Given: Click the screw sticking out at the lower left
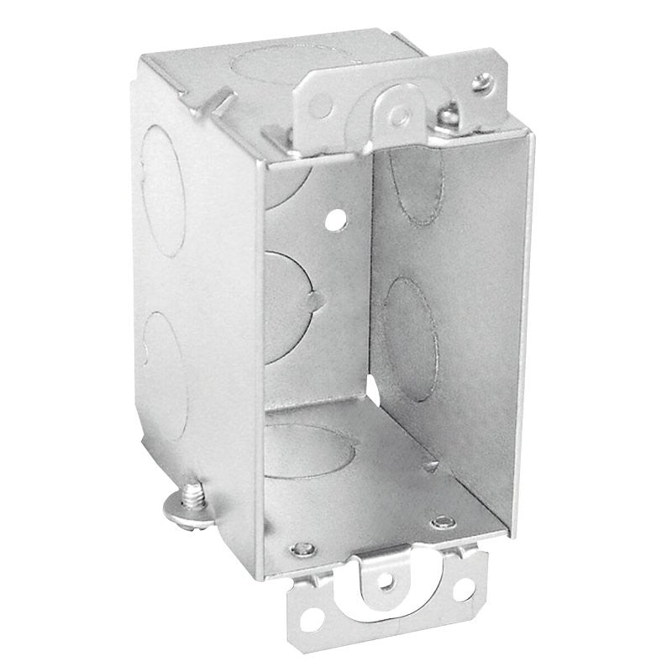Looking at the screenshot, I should point(191,496).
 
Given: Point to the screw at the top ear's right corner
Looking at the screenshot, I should point(480,81).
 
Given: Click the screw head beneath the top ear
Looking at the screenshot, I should point(450,110).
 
